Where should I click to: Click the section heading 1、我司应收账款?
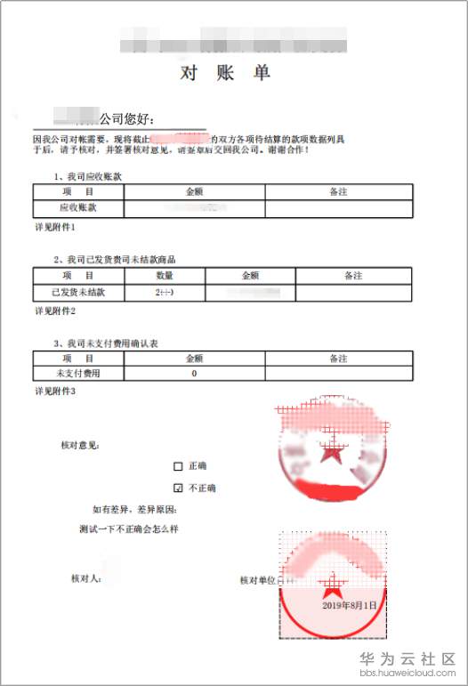[88, 176]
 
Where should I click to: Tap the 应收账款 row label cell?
[77, 207]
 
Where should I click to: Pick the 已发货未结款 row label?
[77, 292]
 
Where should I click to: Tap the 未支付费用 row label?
[77, 375]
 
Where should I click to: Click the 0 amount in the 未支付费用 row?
[194, 375]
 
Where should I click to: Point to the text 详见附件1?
[55, 228]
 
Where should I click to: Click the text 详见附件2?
[55, 311]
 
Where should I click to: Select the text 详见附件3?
[55, 391]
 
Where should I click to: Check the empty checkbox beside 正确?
[178, 466]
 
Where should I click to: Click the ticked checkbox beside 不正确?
[178, 488]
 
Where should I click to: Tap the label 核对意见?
[79, 444]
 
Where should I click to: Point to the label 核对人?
[86, 578]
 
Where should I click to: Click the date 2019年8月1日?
[350, 604]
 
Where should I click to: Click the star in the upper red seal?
[332, 455]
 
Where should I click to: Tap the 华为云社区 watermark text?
[407, 659]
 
